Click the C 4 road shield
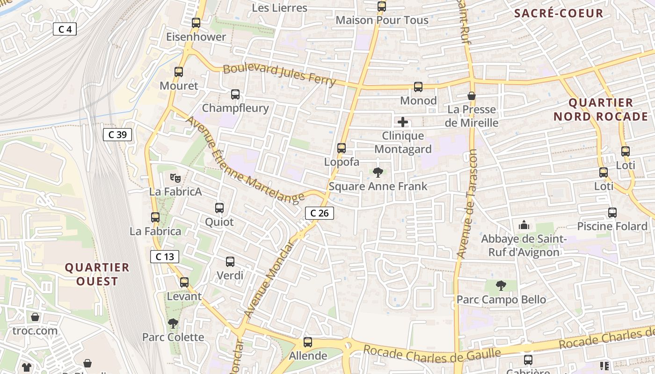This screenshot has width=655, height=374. click(x=65, y=29)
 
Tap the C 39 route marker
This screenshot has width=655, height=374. click(x=117, y=135)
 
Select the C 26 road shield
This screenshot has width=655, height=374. click(x=320, y=213)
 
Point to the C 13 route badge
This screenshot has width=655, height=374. click(x=165, y=256)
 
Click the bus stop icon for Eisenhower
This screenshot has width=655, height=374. click(x=196, y=22)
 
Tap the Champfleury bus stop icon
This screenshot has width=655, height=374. click(x=235, y=94)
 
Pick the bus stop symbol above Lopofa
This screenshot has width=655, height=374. click(x=342, y=148)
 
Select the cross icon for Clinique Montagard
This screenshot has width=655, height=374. click(x=403, y=122)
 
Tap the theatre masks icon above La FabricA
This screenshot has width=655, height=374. click(x=175, y=178)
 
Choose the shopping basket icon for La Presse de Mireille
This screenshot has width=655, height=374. click(x=472, y=96)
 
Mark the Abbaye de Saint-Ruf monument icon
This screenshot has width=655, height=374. click(x=524, y=225)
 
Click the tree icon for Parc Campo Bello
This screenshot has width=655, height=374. click(x=501, y=285)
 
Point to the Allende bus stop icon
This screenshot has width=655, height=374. click(x=307, y=342)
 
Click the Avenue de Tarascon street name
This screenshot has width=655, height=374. click(x=467, y=204)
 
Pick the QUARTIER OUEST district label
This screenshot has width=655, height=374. click(x=97, y=274)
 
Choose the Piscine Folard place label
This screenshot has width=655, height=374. click(x=612, y=226)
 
